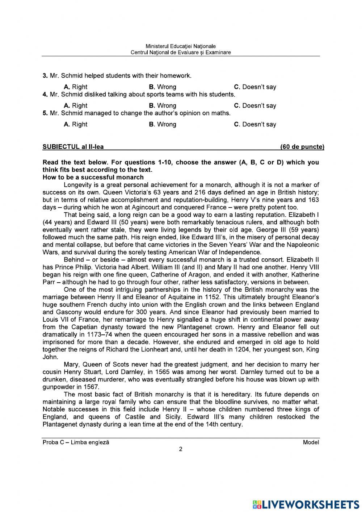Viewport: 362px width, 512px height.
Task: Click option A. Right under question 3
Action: pos(75,87)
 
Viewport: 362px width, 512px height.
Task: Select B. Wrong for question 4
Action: pos(162,105)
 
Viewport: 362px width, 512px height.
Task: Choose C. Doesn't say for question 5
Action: pos(255,124)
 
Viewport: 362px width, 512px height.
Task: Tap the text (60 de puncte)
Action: pos(302,147)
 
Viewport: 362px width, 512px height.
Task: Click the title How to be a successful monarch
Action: pos(93,177)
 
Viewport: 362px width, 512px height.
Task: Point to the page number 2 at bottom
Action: pos(181,449)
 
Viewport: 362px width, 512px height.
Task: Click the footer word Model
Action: pos(311,442)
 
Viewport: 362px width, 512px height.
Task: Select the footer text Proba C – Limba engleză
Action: pos(76,442)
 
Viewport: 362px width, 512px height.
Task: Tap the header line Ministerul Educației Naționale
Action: pos(181,46)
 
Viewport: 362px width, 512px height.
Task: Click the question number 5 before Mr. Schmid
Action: pos(45,113)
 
